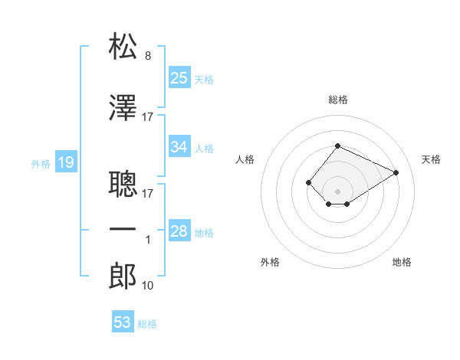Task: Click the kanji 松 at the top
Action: pyautogui.click(x=123, y=47)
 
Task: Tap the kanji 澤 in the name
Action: pyautogui.click(x=123, y=109)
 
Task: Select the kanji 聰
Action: pyautogui.click(x=123, y=184)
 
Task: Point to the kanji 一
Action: pyautogui.click(x=123, y=229)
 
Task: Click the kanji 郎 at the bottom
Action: pyautogui.click(x=123, y=277)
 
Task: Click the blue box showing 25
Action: pyautogui.click(x=179, y=77)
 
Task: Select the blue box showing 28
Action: pyautogui.click(x=179, y=231)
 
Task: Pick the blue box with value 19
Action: pyautogui.click(x=65, y=162)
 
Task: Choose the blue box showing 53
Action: pyautogui.click(x=123, y=322)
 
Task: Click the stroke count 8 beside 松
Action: pyautogui.click(x=148, y=56)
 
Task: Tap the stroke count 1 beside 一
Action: pyautogui.click(x=148, y=240)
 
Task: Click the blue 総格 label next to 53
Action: pyautogui.click(x=148, y=324)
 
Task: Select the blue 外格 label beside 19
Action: pyautogui.click(x=41, y=163)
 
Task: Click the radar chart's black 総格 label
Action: pyautogui.click(x=337, y=100)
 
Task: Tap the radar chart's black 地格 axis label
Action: pyautogui.click(x=402, y=262)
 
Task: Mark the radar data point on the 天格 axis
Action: pyautogui.click(x=396, y=172)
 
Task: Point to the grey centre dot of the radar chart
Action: pyautogui.click(x=337, y=191)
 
